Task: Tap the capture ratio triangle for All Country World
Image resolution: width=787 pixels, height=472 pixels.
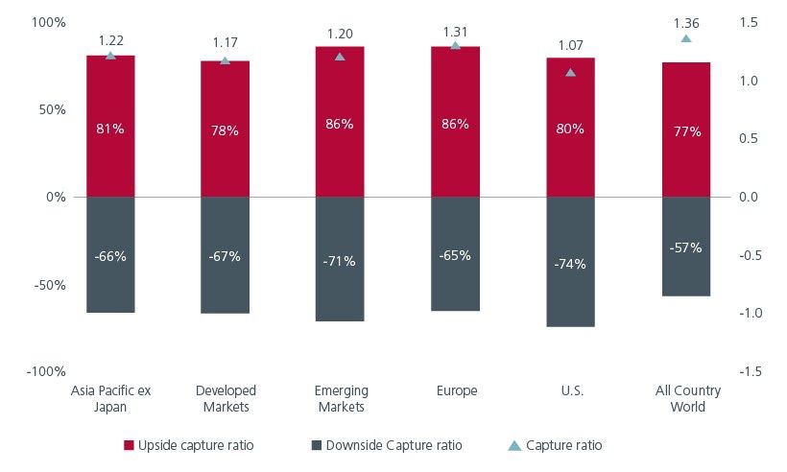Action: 685,38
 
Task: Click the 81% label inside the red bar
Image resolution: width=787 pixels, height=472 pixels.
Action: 110,129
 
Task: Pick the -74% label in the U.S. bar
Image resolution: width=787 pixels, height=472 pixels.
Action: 570,264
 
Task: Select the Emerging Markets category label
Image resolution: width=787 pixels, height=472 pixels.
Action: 340,398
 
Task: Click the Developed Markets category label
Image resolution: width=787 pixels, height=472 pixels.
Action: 225,398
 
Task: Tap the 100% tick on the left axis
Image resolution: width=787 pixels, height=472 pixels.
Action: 45,22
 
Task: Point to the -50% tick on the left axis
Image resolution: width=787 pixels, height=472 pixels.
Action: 45,285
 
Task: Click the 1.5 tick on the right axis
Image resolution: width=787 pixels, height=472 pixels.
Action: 749,22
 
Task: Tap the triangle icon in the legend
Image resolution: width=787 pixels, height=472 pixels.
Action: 514,445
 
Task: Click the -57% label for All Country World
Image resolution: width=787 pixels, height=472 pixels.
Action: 685,248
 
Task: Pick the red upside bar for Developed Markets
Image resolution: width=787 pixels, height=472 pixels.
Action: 225,153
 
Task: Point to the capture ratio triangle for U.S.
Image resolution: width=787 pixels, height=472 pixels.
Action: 570,72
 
